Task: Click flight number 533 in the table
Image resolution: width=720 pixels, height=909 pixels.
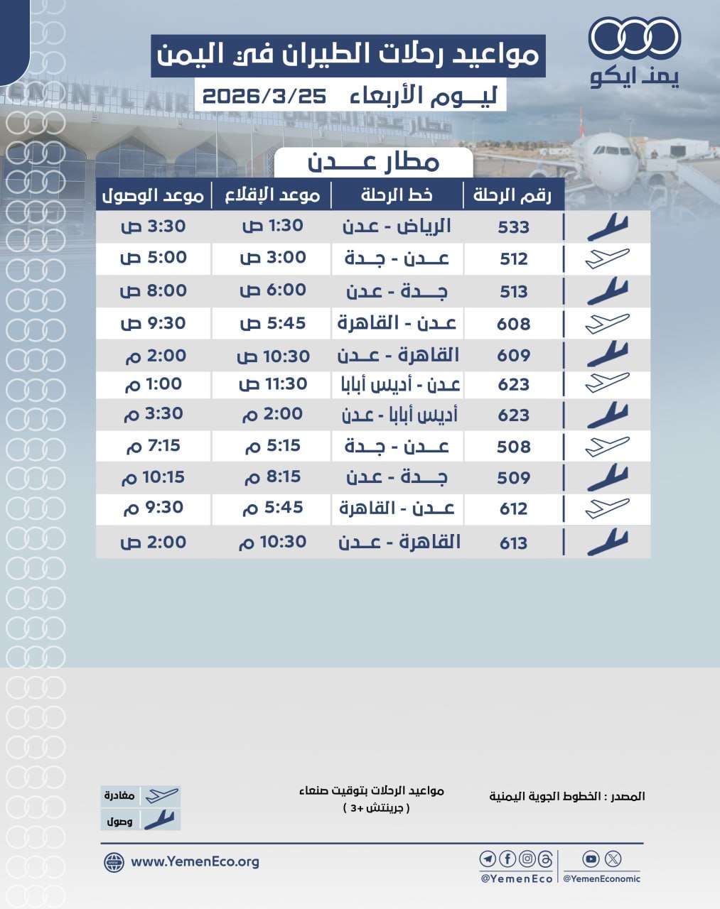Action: coord(513,227)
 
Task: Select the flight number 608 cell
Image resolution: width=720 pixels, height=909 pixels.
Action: coord(513,324)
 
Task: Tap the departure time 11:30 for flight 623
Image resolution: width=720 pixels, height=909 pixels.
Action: coord(273,384)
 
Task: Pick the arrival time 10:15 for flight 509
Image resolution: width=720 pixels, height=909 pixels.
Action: coord(153,477)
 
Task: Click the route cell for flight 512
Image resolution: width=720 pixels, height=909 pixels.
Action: coord(397,258)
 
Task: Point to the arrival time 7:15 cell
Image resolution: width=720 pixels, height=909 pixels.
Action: coord(153,446)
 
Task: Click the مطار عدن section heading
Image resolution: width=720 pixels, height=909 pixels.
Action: coord(374,162)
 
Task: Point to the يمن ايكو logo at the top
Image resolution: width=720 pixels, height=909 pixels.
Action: coord(635,53)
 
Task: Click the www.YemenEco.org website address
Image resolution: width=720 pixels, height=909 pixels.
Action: coord(195,862)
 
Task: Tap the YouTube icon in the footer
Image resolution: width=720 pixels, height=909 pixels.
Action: coord(591,859)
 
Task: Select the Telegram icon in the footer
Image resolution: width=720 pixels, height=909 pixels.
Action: coord(488,859)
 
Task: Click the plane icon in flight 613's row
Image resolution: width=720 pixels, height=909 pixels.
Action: coord(607,543)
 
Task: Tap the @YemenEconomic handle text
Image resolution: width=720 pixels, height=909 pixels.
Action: coord(601,879)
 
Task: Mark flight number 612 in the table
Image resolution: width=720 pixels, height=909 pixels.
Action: coord(513,508)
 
